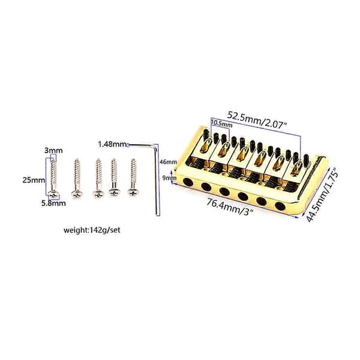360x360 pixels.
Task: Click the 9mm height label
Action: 170,178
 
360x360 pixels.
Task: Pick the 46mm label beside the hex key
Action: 169,162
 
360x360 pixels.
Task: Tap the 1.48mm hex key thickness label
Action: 112,145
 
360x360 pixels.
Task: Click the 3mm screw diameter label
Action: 53,151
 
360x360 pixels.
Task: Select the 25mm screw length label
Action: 34,180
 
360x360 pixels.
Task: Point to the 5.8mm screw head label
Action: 53,203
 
